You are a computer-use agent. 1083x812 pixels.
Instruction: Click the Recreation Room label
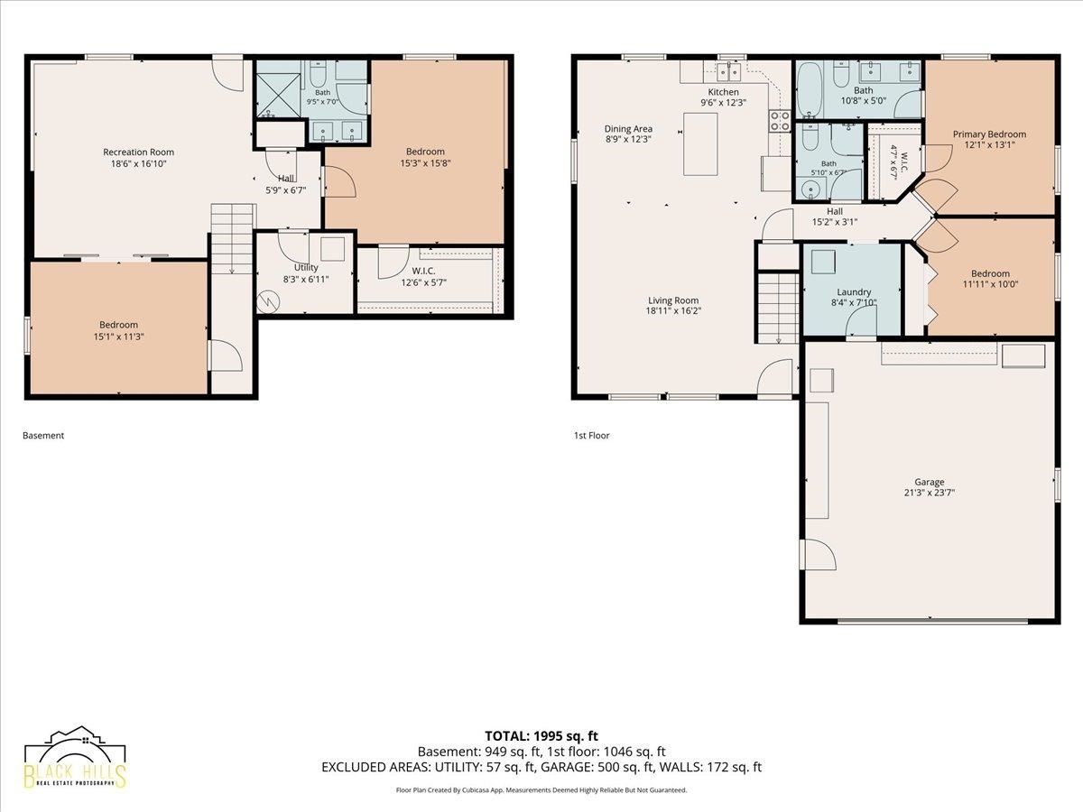[138, 152]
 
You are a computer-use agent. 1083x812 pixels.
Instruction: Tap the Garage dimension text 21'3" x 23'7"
[929, 493]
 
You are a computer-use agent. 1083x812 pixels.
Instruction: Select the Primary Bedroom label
[989, 134]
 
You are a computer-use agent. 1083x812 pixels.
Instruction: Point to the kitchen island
[700, 144]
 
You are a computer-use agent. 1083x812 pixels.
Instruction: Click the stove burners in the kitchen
[780, 121]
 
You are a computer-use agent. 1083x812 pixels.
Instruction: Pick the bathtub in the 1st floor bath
[810, 89]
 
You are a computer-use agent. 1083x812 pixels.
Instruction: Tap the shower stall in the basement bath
[278, 95]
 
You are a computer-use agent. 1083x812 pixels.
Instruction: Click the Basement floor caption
[43, 436]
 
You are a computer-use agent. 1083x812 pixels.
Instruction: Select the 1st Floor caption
[591, 436]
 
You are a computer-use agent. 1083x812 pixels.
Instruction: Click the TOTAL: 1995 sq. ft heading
[541, 736]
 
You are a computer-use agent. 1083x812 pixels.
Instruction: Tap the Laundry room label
[854, 291]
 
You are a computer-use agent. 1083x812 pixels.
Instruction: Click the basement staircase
[232, 238]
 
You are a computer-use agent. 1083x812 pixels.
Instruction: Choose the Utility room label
[306, 267]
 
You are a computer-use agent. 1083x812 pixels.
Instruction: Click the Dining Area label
[628, 129]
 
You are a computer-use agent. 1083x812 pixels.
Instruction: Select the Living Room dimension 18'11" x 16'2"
[673, 310]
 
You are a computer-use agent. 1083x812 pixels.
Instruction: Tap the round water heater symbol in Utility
[268, 301]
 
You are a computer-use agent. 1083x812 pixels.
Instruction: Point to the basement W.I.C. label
[423, 272]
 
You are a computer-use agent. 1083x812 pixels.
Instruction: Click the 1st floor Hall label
[835, 211]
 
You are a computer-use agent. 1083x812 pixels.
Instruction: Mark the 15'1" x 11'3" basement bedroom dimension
[118, 337]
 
